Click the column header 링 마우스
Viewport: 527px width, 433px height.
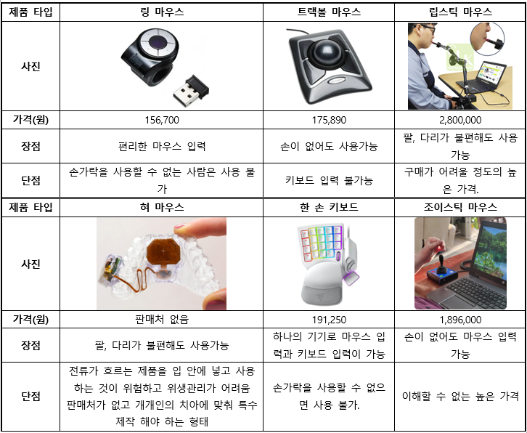tap(161, 12)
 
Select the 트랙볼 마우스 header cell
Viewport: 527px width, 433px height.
tap(329, 12)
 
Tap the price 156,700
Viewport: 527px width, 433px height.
tap(161, 120)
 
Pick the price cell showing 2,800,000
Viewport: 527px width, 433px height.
tap(460, 120)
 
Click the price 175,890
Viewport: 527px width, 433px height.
tap(329, 120)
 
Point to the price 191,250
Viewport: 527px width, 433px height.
tap(329, 320)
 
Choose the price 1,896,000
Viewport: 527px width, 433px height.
tap(460, 320)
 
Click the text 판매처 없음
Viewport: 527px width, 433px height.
tap(161, 319)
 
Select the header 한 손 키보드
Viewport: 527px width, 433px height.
tap(329, 207)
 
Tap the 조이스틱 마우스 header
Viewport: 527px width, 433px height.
tap(460, 207)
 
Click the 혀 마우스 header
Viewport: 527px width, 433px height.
tap(161, 207)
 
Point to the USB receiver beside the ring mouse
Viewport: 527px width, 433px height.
tap(191, 90)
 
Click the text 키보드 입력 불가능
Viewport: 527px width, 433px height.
tap(329, 181)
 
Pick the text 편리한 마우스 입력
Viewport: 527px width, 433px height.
tap(161, 146)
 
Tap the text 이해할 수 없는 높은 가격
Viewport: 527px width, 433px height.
tap(460, 397)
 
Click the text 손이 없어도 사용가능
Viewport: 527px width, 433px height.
tap(329, 146)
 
